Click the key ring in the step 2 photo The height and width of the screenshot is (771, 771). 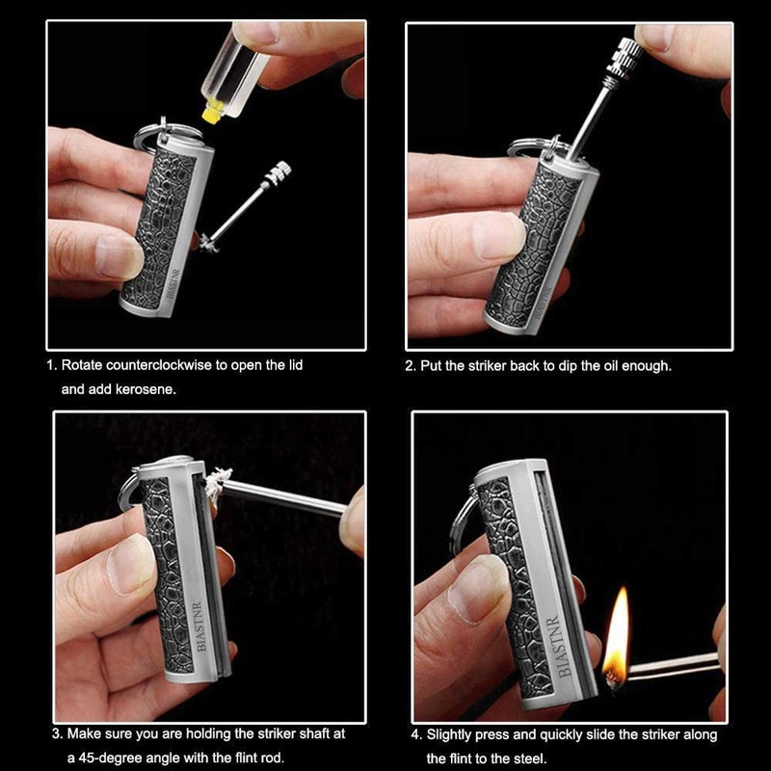pyautogui.click(x=529, y=149)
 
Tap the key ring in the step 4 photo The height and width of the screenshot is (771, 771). pyautogui.click(x=464, y=521)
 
